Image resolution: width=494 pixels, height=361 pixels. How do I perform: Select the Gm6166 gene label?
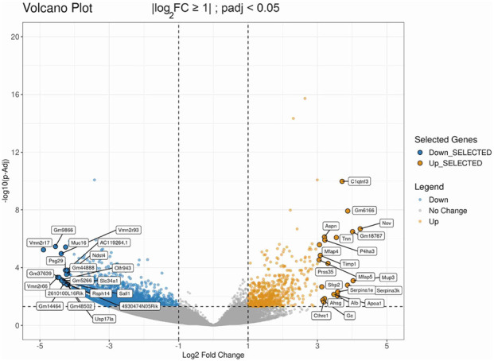point(364,211)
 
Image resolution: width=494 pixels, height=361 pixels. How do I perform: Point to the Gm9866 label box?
point(64,229)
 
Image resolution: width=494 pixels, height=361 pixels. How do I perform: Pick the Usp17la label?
point(104,319)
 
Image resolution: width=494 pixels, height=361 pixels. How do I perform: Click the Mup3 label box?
point(388,277)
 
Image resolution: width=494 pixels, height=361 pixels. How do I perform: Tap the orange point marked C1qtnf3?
point(342,181)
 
